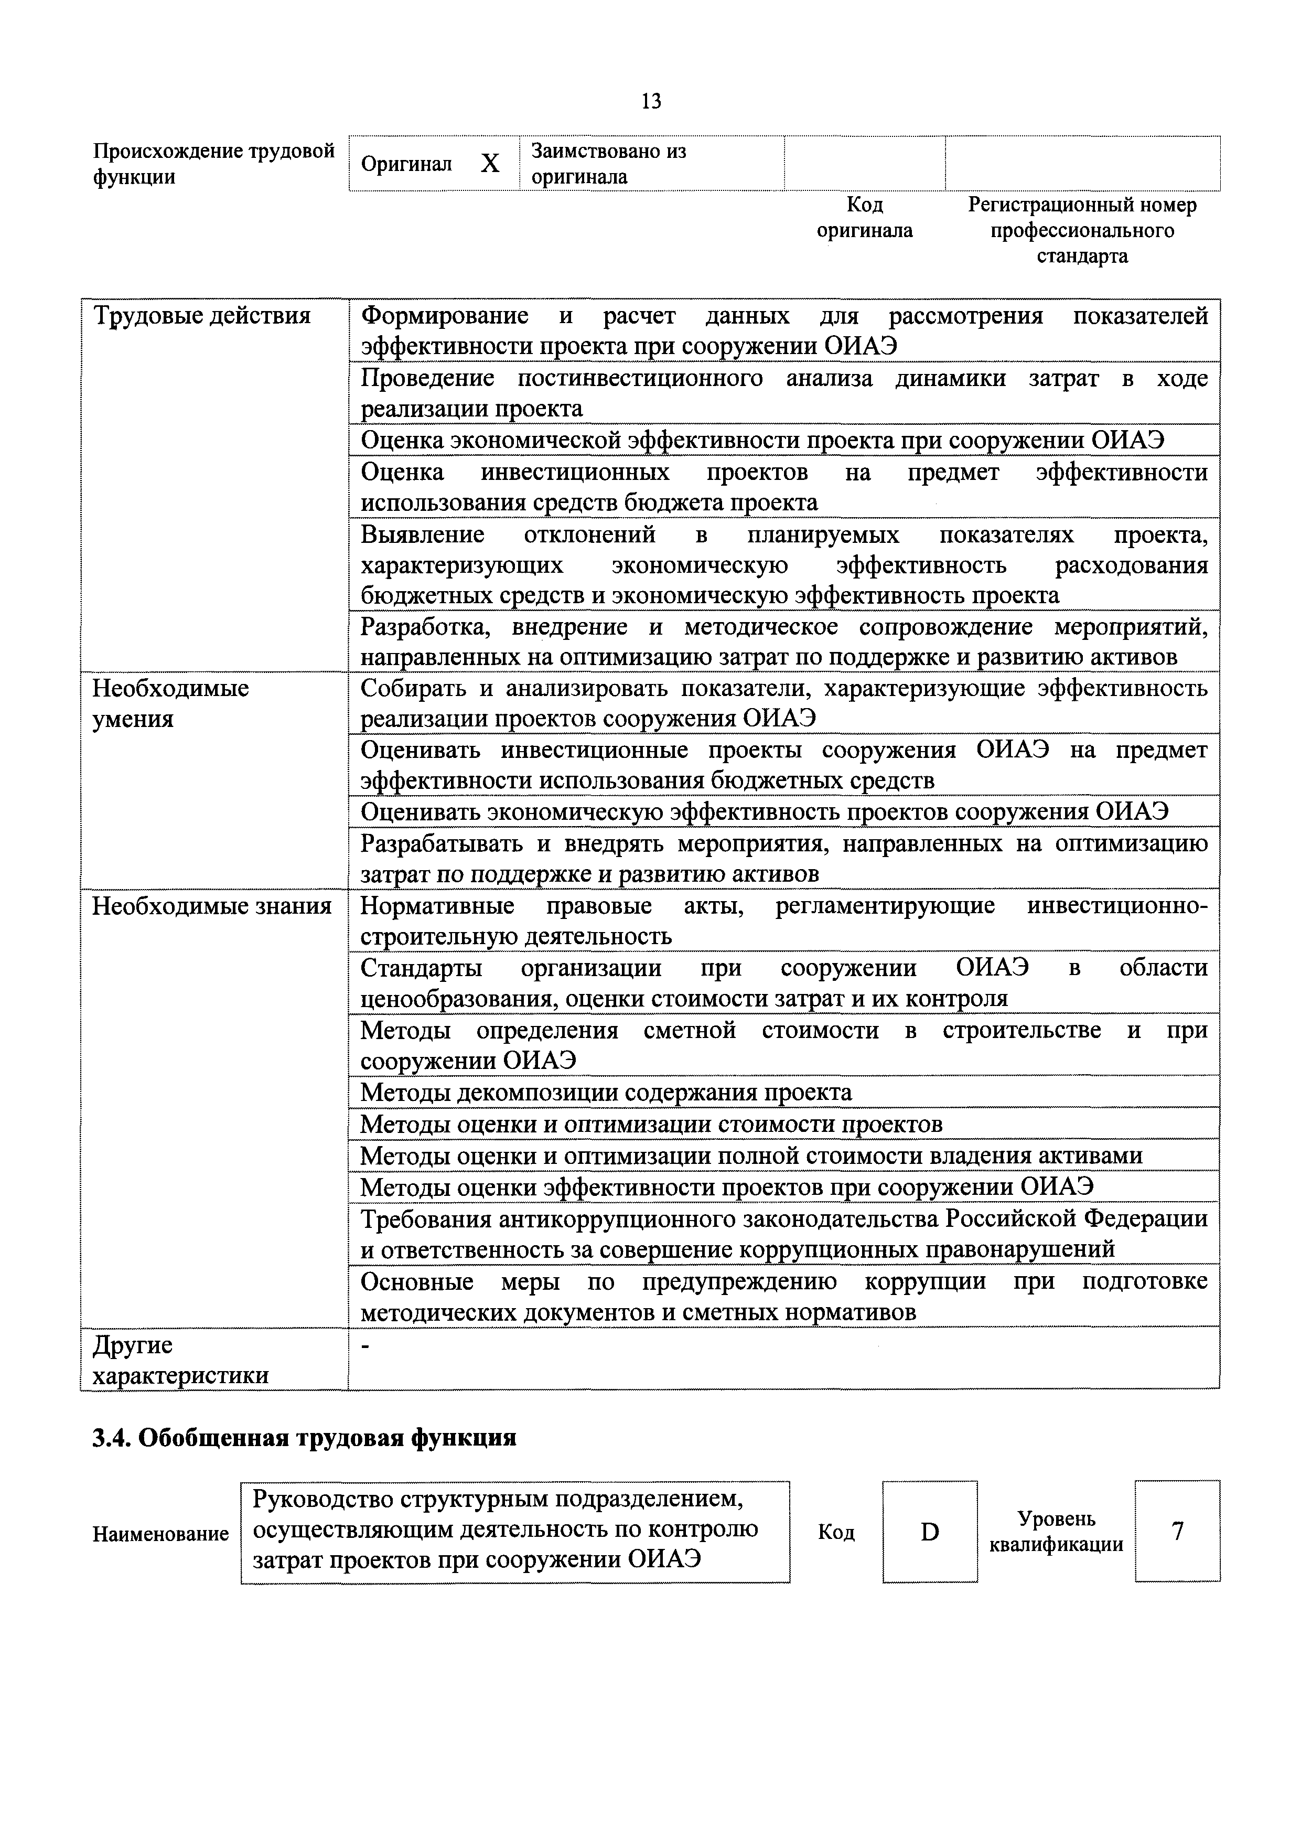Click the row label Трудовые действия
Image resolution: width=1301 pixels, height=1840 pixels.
pyautogui.click(x=202, y=316)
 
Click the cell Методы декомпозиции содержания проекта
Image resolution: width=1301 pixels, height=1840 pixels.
pyautogui.click(x=606, y=1092)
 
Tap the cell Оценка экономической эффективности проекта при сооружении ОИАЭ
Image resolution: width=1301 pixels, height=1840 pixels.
pyautogui.click(x=762, y=440)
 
